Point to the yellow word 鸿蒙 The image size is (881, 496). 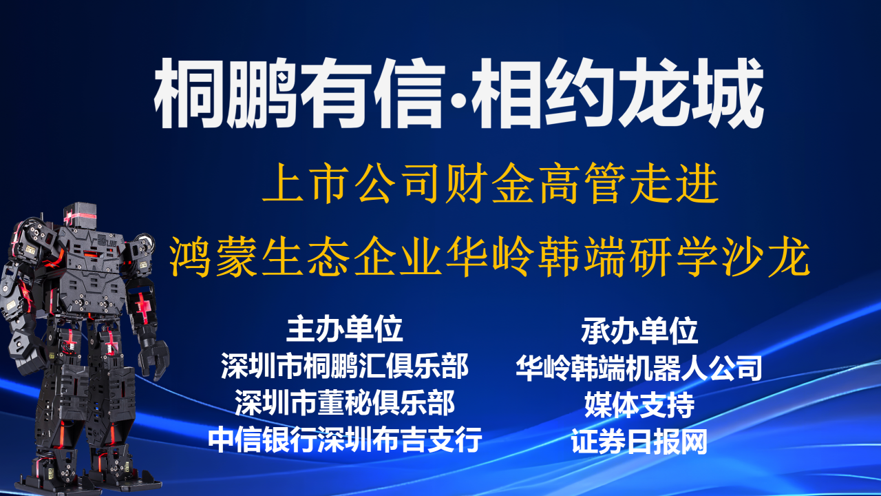[x=213, y=256]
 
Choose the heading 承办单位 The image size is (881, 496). [x=639, y=331]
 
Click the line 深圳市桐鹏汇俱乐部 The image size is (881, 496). [x=345, y=366]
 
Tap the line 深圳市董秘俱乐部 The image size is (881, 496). [x=345, y=403]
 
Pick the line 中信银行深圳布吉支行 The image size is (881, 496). [x=345, y=440]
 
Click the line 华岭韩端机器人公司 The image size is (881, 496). [x=639, y=368]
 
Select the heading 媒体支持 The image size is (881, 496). [x=639, y=404]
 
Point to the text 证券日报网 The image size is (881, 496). [x=639, y=442]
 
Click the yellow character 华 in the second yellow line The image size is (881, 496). [x=467, y=256]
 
